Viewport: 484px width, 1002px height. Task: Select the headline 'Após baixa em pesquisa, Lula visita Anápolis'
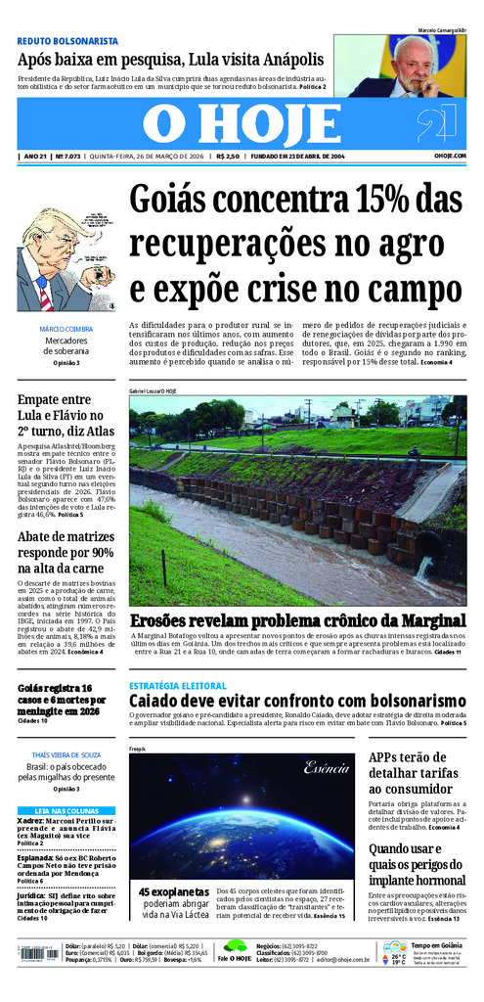point(170,60)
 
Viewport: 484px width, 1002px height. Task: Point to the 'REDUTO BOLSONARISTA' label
point(67,41)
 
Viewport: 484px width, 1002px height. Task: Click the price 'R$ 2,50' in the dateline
point(229,157)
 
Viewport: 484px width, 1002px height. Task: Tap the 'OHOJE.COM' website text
point(450,157)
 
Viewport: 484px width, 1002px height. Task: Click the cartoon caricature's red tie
point(44,293)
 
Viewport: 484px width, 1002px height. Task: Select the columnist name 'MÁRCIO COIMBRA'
point(66,329)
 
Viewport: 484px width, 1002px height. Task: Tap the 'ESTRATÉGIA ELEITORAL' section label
point(175,685)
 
